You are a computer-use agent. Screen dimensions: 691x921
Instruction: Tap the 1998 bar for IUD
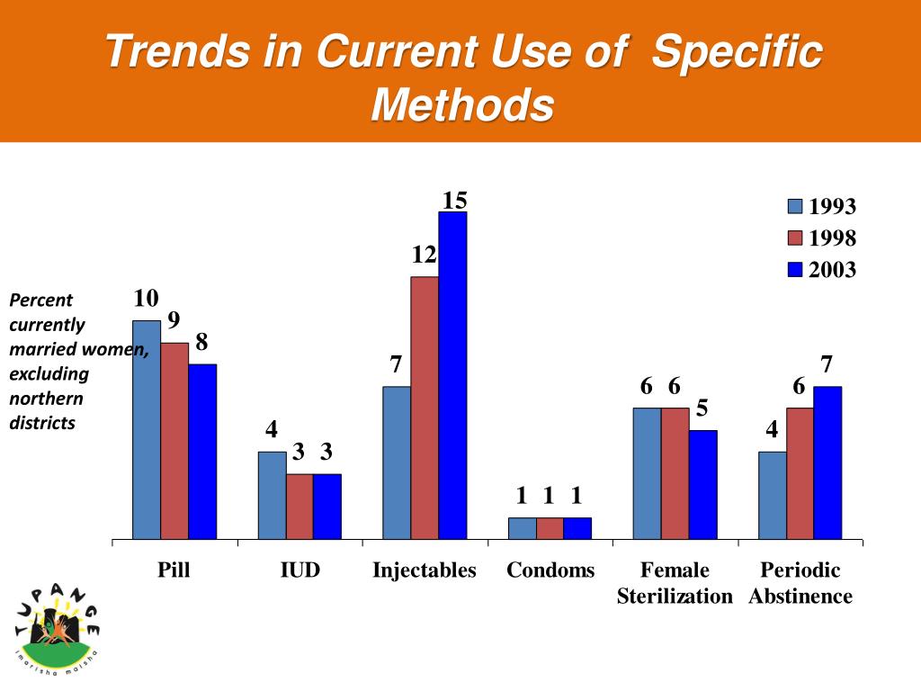(300, 507)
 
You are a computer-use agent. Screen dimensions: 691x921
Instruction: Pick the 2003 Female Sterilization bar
(703, 485)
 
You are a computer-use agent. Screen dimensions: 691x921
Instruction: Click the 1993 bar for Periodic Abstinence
(773, 496)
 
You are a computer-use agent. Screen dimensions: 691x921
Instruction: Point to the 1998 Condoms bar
(550, 529)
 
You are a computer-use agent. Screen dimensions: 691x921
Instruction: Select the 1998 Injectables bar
(425, 408)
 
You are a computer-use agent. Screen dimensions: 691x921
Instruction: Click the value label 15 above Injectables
(454, 199)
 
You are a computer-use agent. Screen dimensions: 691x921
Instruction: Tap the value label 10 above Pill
(147, 298)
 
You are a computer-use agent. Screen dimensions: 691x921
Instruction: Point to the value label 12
(425, 256)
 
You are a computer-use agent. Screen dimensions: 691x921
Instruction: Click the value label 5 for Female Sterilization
(702, 408)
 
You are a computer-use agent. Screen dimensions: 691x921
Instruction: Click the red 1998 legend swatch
(795, 238)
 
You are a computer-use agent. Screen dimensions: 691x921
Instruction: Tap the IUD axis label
(300, 570)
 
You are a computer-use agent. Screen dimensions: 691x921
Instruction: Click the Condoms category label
(550, 570)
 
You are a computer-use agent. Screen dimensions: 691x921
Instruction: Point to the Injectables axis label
(425, 570)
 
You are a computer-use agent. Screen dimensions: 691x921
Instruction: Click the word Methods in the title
(461, 105)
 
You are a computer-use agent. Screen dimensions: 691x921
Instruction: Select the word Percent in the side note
(40, 301)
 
